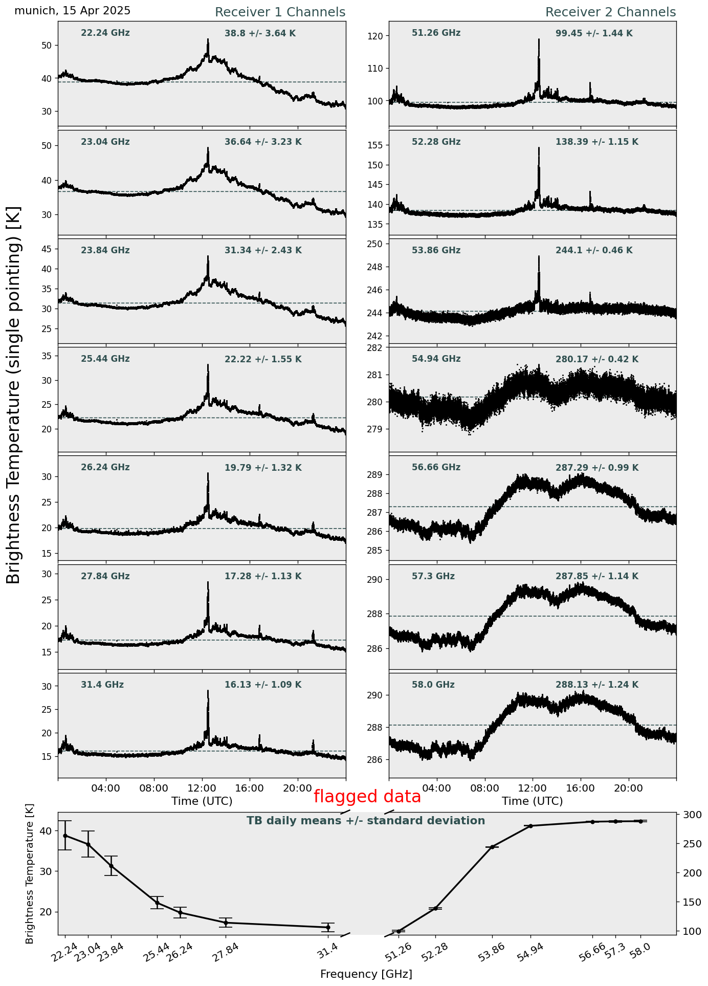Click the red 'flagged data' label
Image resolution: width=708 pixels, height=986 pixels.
367,797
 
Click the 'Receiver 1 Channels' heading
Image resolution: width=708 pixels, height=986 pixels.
280,12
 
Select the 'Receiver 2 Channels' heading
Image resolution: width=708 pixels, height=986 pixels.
610,12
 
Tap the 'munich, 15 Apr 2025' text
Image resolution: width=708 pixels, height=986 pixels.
72,11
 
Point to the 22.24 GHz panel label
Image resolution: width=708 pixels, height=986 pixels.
105,33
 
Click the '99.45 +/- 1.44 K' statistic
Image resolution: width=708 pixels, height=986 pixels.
594,34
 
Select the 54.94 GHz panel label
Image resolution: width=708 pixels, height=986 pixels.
436,359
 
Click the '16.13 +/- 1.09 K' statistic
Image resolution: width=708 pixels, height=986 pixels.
263,685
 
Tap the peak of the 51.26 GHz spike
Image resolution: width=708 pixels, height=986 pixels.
539,39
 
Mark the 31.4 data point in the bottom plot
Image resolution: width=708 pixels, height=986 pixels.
328,927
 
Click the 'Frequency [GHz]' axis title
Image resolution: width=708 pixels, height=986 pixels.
366,974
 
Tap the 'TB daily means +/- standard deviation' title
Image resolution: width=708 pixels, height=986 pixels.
366,821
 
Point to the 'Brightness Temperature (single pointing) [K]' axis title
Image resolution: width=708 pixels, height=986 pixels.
13,395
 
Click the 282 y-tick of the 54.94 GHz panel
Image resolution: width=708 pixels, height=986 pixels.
378,348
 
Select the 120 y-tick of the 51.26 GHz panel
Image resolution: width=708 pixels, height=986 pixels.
378,36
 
